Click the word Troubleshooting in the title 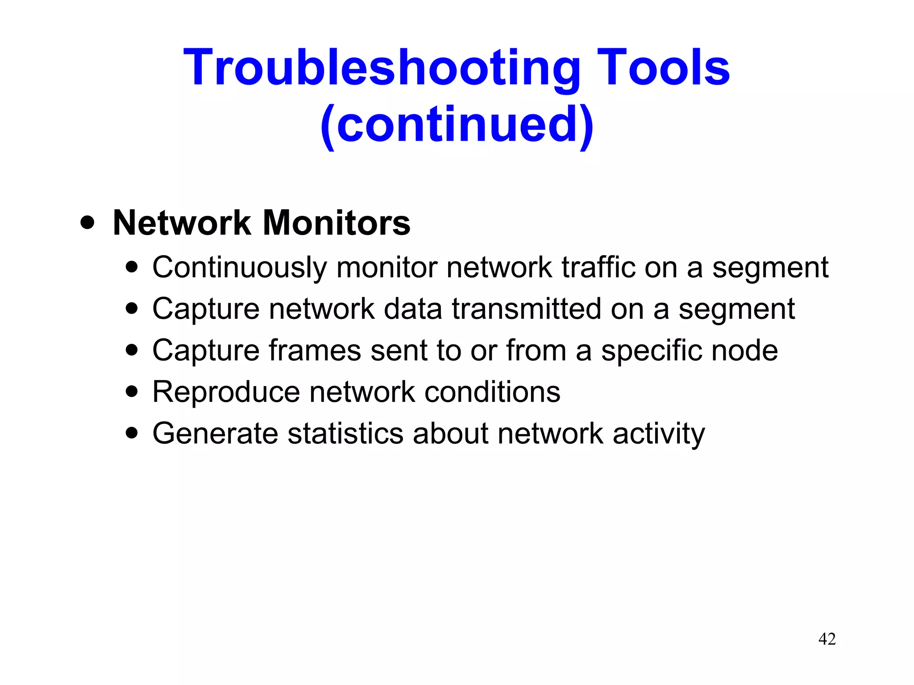pyautogui.click(x=382, y=68)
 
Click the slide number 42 pyautogui.click(x=827, y=639)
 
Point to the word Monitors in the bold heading pyautogui.click(x=337, y=223)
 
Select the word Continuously pyautogui.click(x=240, y=268)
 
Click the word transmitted pyautogui.click(x=527, y=309)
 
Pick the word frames pyautogui.click(x=315, y=350)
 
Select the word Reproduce pyautogui.click(x=226, y=392)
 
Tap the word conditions pyautogui.click(x=492, y=392)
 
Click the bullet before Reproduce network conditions pyautogui.click(x=132, y=392)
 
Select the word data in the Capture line pyautogui.click(x=413, y=309)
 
